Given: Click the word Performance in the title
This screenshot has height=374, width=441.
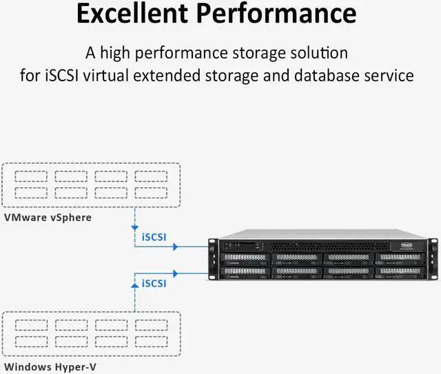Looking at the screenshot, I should click(x=283, y=14).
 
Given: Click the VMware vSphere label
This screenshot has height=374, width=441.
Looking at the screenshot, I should click(x=48, y=218).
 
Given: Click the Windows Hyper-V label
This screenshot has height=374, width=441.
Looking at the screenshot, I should click(x=50, y=367).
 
